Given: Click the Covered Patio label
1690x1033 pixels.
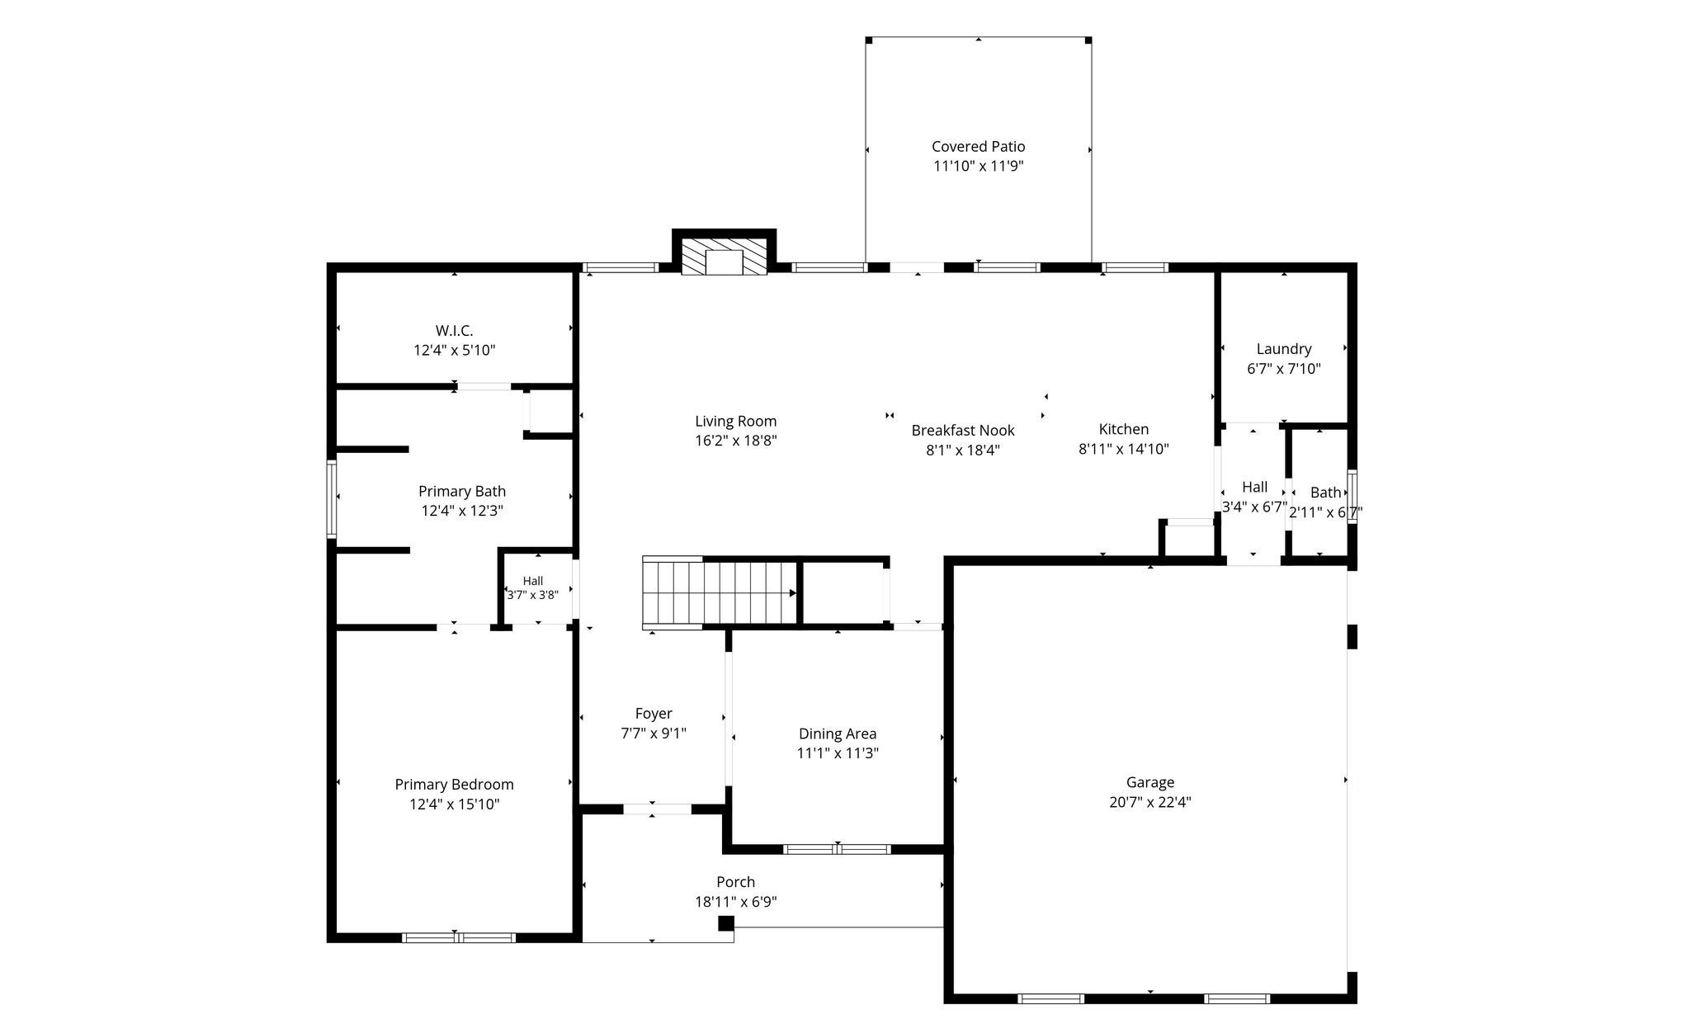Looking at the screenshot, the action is [978, 147].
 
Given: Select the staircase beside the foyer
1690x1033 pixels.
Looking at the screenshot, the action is [720, 593].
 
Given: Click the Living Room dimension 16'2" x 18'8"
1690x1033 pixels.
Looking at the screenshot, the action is [735, 441].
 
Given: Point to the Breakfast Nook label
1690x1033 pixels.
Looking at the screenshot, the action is [963, 431].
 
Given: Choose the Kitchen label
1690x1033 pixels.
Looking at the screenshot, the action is [1123, 429].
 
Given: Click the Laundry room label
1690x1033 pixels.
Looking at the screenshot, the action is [1283, 349].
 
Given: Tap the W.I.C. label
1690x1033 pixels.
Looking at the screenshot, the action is [454, 331].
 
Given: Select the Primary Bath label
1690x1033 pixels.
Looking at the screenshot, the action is [461, 492].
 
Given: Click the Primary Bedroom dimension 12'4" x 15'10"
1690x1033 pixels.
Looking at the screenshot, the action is [454, 804].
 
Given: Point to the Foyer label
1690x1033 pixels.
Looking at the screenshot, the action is [653, 714].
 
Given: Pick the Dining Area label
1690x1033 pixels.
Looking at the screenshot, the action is [837, 733].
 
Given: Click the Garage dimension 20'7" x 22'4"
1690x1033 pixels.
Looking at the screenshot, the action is [1149, 802].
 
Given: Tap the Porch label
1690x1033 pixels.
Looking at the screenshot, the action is [735, 882].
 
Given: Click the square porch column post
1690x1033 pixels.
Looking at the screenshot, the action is [725, 923].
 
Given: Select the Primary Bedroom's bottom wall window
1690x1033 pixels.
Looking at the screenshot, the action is [459, 937].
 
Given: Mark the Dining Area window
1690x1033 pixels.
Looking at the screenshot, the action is [837, 849].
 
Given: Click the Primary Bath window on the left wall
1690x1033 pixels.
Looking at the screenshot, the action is [332, 499].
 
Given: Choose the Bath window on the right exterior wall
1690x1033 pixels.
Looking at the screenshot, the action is [1352, 497].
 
